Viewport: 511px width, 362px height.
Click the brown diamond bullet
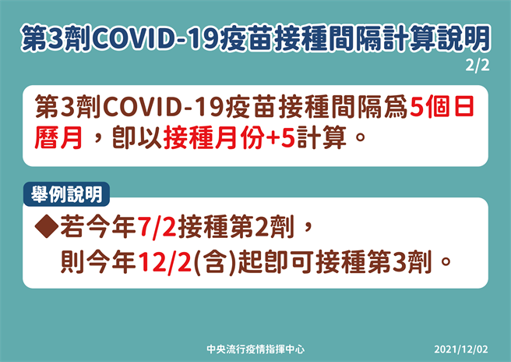pos(48,228)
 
